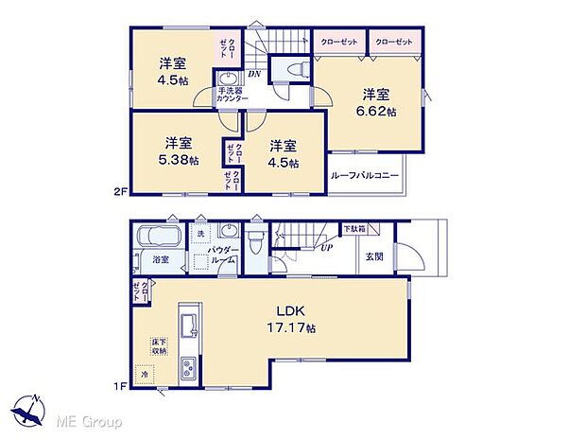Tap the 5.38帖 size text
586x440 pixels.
click(x=181, y=161)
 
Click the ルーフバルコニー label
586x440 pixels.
click(x=365, y=176)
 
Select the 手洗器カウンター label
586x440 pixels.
click(x=232, y=95)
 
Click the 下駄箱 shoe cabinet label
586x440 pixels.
click(x=353, y=228)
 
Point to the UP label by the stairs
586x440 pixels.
click(x=327, y=248)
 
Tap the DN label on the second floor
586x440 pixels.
click(x=254, y=75)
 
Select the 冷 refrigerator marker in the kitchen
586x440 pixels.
click(x=144, y=374)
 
